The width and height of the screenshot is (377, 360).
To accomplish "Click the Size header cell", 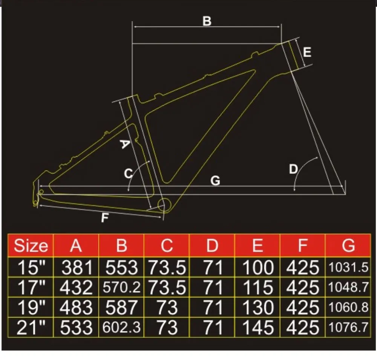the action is [x=31, y=246].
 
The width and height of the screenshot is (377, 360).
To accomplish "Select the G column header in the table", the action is [x=348, y=246].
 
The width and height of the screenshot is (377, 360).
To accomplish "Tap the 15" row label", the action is [x=31, y=267].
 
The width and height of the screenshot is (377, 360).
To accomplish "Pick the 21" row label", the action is [x=31, y=328].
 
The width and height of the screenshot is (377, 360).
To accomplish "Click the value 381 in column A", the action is [x=77, y=267].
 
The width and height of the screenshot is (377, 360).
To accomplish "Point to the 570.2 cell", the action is [x=121, y=287].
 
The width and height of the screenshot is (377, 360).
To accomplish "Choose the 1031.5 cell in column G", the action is [x=348, y=267].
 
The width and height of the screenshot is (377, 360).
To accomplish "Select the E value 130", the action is [x=258, y=307].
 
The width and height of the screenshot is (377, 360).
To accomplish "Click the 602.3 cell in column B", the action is [x=121, y=327].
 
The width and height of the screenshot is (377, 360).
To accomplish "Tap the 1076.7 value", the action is [x=348, y=327].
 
